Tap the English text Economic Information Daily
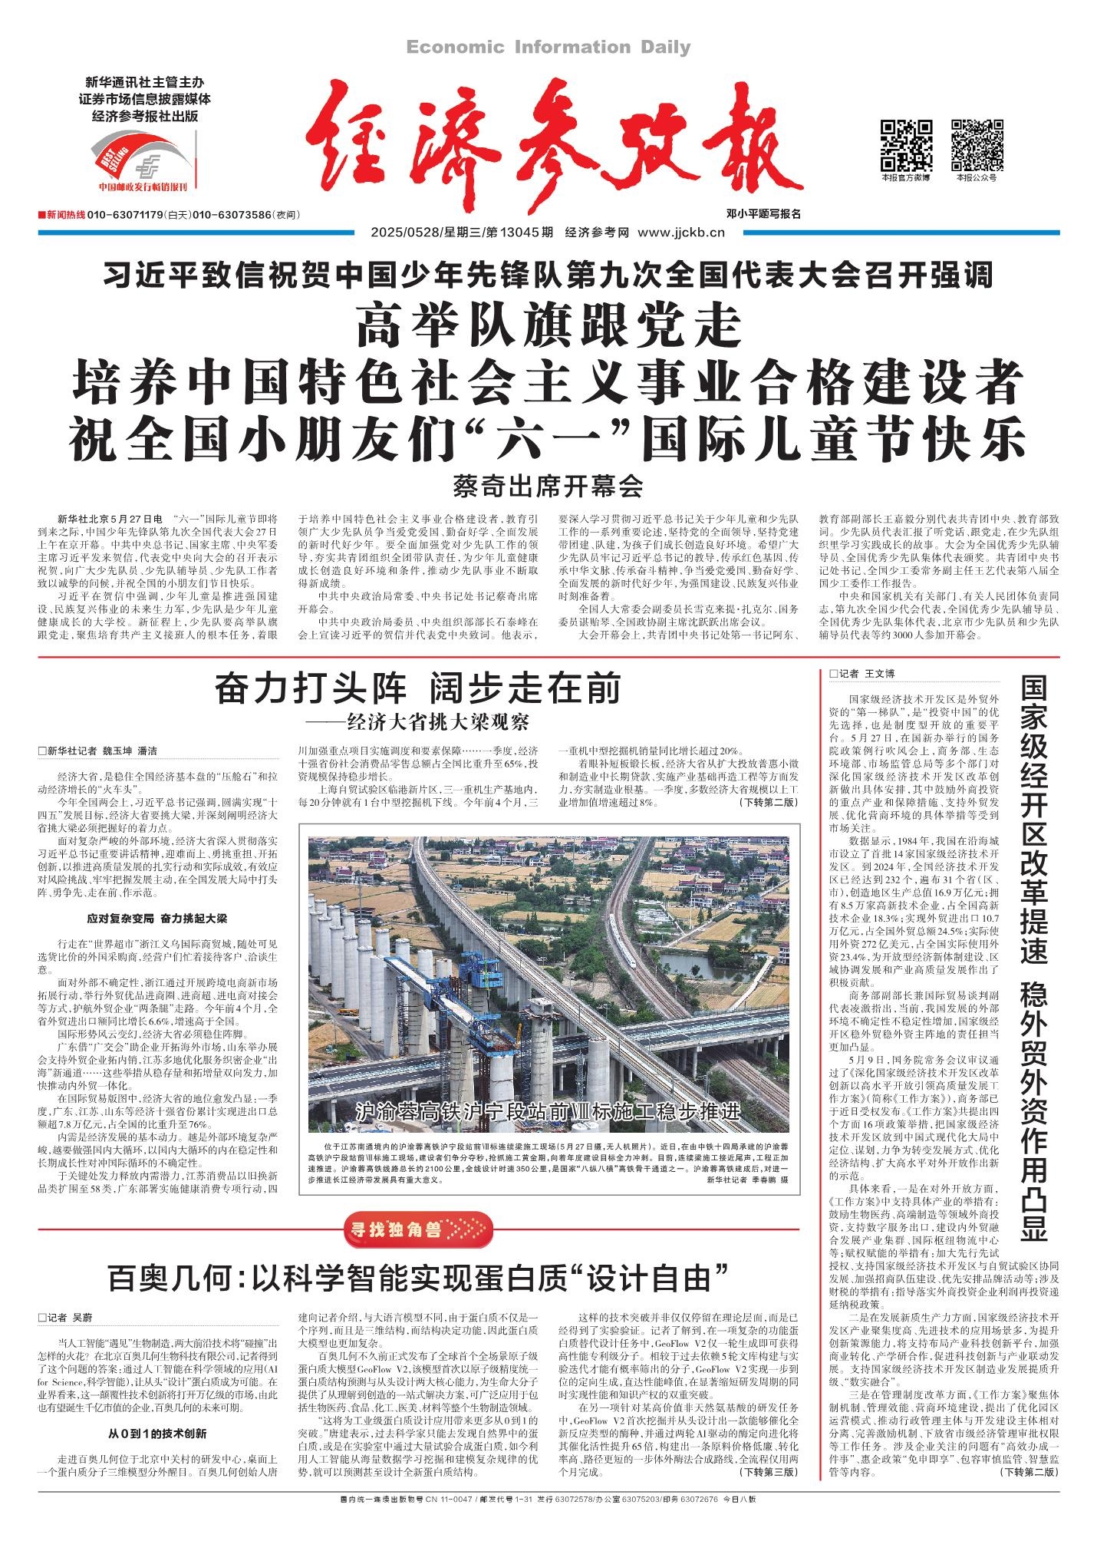tap(548, 48)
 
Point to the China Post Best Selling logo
tap(143, 159)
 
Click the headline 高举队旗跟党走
tap(548, 326)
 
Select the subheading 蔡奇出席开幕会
tap(548, 485)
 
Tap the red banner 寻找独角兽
tap(415, 1230)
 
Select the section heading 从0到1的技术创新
tap(156, 1433)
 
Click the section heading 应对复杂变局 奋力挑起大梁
tap(156, 918)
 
